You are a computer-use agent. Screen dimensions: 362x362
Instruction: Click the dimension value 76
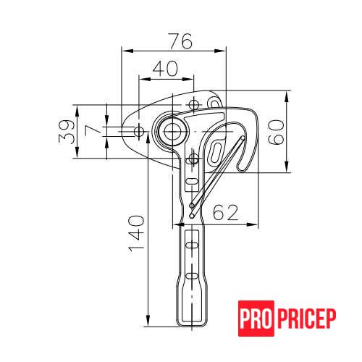[181, 41]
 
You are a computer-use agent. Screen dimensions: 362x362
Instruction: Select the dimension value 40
[165, 68]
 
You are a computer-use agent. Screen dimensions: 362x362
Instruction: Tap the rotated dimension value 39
[67, 132]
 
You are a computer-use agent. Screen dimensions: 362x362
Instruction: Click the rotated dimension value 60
[276, 132]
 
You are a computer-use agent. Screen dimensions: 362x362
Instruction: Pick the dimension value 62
[226, 212]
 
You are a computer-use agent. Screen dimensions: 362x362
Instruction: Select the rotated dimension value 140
[136, 234]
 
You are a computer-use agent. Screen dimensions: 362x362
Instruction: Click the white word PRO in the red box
[256, 319]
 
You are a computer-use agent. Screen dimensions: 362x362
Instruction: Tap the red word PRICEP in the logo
[306, 319]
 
